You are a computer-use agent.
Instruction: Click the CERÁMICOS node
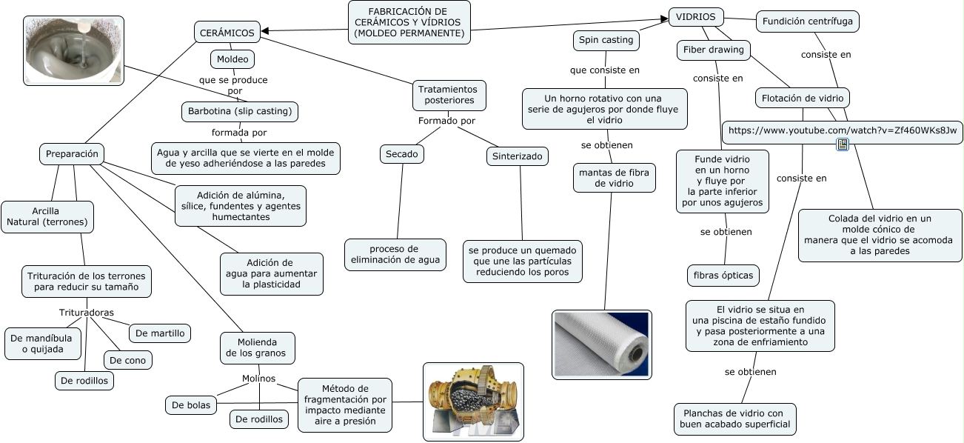(227, 32)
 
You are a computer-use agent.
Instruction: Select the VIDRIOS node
(696, 16)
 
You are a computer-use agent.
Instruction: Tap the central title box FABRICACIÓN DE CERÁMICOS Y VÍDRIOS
(409, 22)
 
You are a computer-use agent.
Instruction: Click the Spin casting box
(606, 40)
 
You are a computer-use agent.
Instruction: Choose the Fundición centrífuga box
(808, 21)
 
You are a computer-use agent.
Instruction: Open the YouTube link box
(843, 131)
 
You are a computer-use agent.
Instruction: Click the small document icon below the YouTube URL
(843, 144)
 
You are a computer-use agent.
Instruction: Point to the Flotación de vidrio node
(802, 97)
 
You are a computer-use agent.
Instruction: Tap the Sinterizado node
(518, 156)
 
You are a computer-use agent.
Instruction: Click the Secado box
(402, 154)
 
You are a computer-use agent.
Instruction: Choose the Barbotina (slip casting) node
(240, 112)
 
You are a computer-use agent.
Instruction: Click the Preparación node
(72, 154)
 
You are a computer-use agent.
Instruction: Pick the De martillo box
(160, 333)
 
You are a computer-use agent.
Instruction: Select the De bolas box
(191, 404)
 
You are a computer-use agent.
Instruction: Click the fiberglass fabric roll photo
(602, 344)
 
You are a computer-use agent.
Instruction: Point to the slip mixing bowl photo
(73, 50)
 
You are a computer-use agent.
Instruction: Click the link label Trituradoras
(87, 312)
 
